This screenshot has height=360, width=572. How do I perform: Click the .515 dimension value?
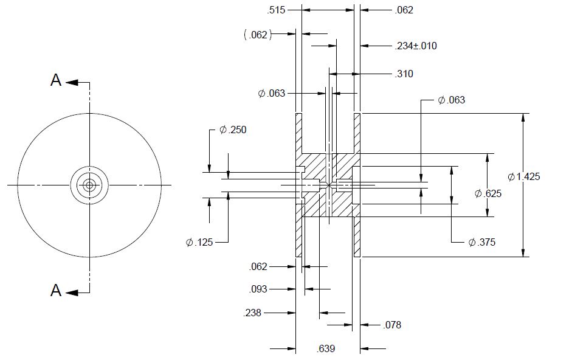click(x=276, y=10)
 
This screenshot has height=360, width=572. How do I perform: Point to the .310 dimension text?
click(x=404, y=74)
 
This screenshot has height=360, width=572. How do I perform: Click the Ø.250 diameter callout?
click(x=233, y=130)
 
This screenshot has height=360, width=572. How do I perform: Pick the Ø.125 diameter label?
click(x=199, y=242)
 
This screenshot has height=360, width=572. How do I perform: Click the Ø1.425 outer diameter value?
click(x=523, y=176)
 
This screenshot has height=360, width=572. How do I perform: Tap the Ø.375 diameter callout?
click(x=482, y=242)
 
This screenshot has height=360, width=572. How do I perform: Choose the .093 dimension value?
click(x=258, y=289)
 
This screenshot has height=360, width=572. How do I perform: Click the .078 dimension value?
click(x=392, y=325)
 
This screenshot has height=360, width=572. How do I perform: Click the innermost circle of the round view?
click(x=90, y=184)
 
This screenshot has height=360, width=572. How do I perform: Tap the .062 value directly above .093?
click(x=258, y=266)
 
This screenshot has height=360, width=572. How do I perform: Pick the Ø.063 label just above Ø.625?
click(x=451, y=100)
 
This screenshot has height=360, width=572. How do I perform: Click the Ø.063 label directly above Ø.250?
click(x=271, y=93)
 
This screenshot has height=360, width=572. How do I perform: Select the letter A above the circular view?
click(x=56, y=81)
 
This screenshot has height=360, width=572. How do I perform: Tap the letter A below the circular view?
click(x=56, y=291)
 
